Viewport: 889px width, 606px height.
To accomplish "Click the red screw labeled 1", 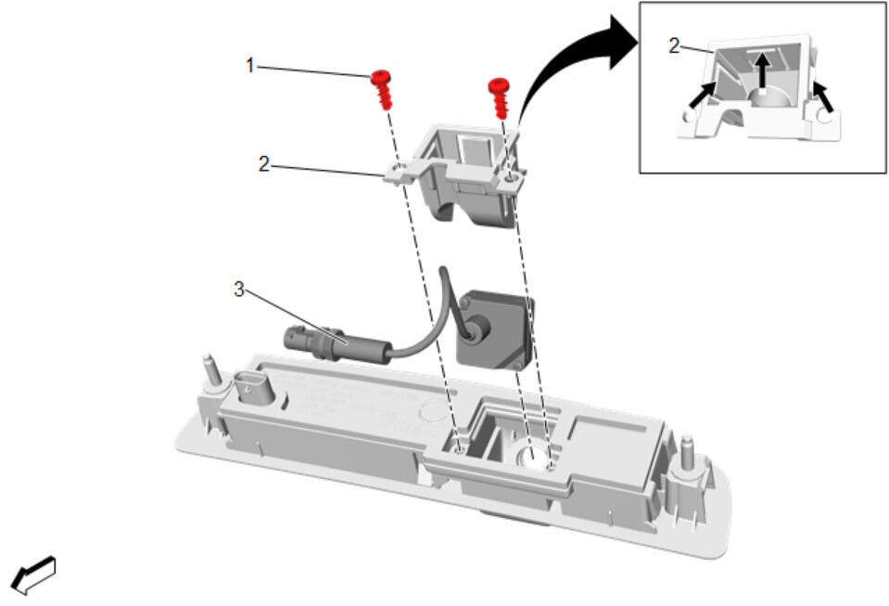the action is pyautogui.click(x=382, y=89).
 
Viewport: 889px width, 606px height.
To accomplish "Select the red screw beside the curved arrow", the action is pyautogui.click(x=500, y=97).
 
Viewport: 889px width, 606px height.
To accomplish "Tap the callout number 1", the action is pyautogui.click(x=249, y=65).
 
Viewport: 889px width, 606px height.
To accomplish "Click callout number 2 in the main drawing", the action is pyautogui.click(x=263, y=164).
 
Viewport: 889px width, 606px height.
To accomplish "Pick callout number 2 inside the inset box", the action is pyautogui.click(x=674, y=45).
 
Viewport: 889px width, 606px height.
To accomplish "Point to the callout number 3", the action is pyautogui.click(x=238, y=289).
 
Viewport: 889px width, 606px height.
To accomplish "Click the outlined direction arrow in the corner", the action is pyautogui.click(x=34, y=574).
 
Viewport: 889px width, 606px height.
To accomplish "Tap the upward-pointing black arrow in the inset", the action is pyautogui.click(x=764, y=71).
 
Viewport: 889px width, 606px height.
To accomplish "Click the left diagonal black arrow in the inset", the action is pyautogui.click(x=701, y=95).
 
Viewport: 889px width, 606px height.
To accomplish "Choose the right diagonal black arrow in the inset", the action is pyautogui.click(x=823, y=96).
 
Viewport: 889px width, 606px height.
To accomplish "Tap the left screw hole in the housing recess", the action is pyautogui.click(x=459, y=449).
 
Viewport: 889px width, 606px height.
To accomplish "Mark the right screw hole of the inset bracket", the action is pyautogui.click(x=824, y=117).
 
